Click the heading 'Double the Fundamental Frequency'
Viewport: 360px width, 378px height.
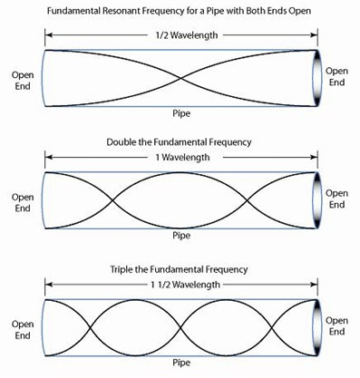180,142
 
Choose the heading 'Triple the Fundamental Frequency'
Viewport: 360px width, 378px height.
180,269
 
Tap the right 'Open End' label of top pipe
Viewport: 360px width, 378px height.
337,76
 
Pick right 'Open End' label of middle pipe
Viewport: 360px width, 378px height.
337,199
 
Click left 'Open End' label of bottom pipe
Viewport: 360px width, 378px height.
22,326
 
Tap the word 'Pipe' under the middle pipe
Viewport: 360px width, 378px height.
180,235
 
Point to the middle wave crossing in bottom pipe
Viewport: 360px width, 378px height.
180,326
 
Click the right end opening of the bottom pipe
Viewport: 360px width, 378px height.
316,326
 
